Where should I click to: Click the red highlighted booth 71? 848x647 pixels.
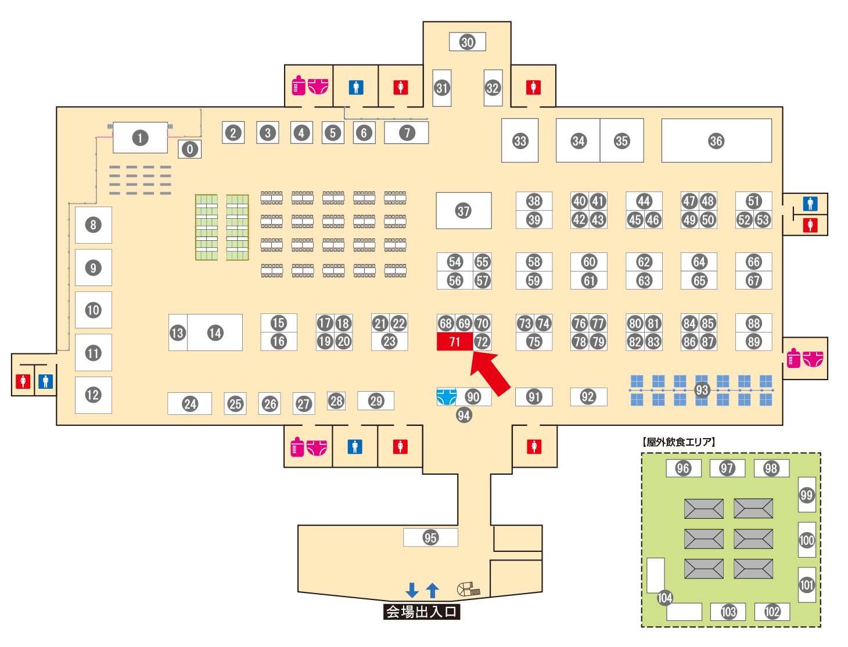454,342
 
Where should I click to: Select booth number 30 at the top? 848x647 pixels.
467,42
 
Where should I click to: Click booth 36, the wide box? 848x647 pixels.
716,140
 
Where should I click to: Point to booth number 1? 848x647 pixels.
139,138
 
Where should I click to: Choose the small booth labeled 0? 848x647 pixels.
189,149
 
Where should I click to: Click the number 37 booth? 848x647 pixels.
463,211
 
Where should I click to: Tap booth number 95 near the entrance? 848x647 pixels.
430,537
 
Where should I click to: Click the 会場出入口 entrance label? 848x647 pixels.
422,612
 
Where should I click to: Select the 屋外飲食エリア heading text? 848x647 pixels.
679,442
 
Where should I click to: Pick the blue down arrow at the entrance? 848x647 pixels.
412,590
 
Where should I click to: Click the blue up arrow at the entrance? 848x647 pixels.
432,590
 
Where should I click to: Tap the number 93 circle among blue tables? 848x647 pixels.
702,390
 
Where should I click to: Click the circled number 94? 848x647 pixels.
463,415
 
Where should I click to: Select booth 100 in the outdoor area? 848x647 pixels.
806,540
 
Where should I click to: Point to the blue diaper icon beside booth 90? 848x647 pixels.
446,397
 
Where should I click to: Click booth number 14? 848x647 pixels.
215,332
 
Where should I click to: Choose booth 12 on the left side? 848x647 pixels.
93,395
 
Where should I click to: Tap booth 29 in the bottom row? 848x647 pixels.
376,400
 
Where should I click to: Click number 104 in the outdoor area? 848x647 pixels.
664,598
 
